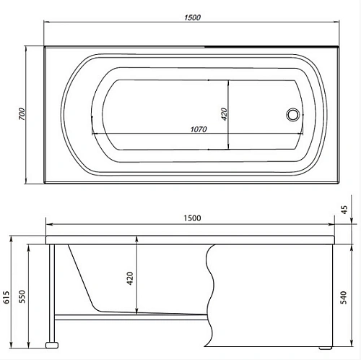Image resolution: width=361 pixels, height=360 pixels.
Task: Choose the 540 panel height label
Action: click(345, 295)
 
